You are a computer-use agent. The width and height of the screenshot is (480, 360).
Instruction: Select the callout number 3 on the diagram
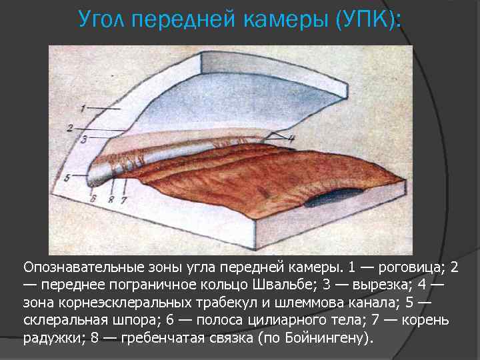tap(84, 139)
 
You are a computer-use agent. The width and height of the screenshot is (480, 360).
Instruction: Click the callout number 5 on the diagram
tap(67, 178)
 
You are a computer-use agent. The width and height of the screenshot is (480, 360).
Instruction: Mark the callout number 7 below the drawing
tap(123, 198)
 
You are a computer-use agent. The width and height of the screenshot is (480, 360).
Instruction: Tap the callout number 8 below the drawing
tap(111, 198)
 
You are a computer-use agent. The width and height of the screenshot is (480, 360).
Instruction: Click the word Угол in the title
tap(105, 20)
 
